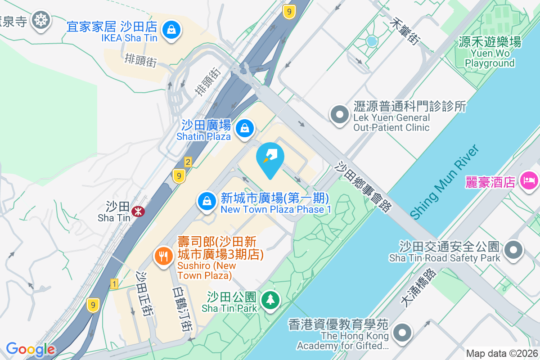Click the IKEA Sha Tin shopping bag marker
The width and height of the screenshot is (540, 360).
click(171, 30)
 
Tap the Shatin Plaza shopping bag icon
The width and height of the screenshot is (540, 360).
click(244, 128)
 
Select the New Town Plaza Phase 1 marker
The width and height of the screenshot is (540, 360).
click(206, 201)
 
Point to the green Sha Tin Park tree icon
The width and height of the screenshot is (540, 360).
click(270, 300)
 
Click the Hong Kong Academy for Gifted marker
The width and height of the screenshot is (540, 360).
click(402, 333)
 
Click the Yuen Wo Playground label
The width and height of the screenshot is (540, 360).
click(490, 53)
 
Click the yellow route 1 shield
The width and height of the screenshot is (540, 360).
click(115, 284)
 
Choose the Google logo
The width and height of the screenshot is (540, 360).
click(31, 350)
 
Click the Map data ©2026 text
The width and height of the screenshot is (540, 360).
click(502, 354)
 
